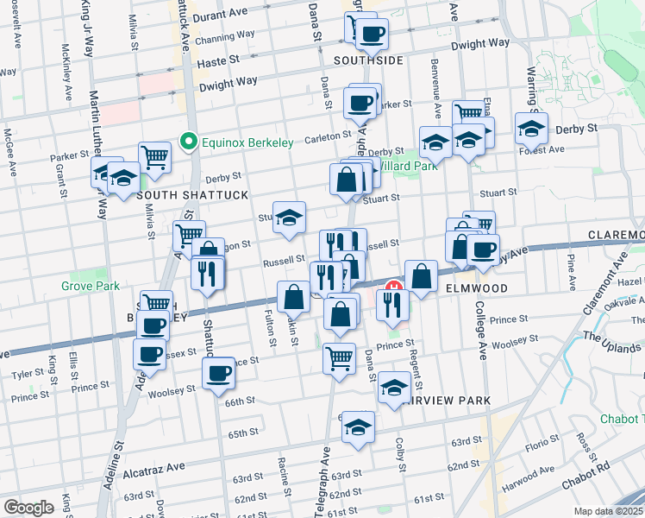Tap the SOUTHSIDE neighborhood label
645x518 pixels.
[369, 60]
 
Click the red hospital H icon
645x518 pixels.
[394, 288]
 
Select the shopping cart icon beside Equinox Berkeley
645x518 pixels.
[155, 157]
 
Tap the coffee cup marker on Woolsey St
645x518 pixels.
[219, 373]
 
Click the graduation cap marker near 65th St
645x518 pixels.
[358, 427]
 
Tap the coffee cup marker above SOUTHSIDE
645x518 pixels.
[373, 34]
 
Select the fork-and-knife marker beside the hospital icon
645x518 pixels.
[393, 303]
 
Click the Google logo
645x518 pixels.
[28, 508]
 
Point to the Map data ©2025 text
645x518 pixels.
[609, 511]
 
